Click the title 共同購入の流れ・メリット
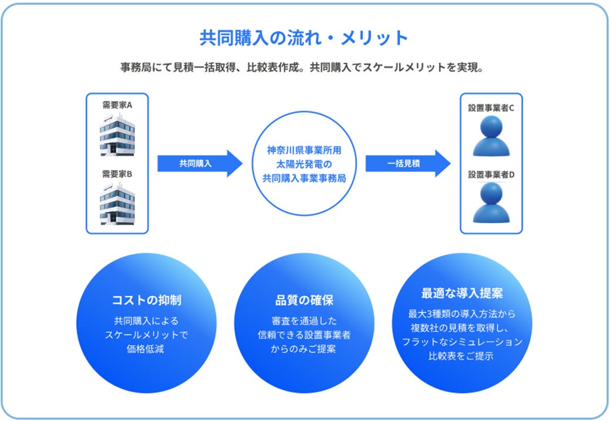[304, 38]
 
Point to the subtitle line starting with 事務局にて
[302, 67]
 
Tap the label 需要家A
[117, 106]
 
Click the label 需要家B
[117, 174]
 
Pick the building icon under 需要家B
[117, 204]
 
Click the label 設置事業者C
[491, 108]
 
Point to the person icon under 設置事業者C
[491, 136]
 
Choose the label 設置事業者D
[491, 174]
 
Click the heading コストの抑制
[147, 301]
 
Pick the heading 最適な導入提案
[461, 293]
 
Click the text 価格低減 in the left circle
[147, 349]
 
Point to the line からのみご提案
[304, 349]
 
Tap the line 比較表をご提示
[461, 356]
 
